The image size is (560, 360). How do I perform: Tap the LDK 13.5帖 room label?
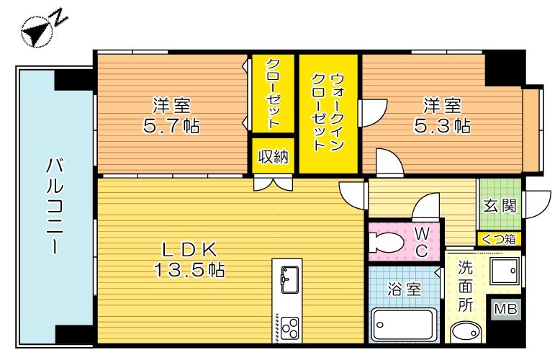188,260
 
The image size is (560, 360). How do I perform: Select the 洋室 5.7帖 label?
171,115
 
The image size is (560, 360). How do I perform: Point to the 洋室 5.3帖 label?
442,115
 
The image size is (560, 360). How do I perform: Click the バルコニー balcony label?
54,205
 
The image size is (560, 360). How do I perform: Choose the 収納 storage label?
274,156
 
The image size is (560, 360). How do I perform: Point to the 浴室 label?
402,289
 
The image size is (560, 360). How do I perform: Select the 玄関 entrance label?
499,206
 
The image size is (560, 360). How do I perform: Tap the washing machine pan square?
504,271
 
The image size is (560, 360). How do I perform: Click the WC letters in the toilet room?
422,242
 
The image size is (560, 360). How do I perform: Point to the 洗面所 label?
466,285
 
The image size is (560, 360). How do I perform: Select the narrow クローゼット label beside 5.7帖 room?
274,94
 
